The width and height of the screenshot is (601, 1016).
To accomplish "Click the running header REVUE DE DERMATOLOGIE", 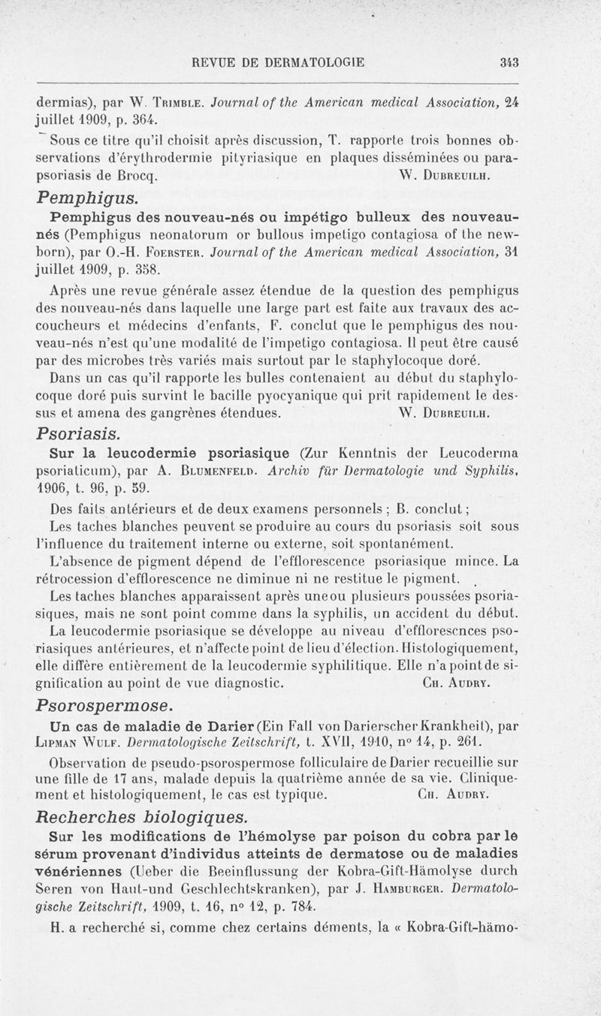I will [x=278, y=62].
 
